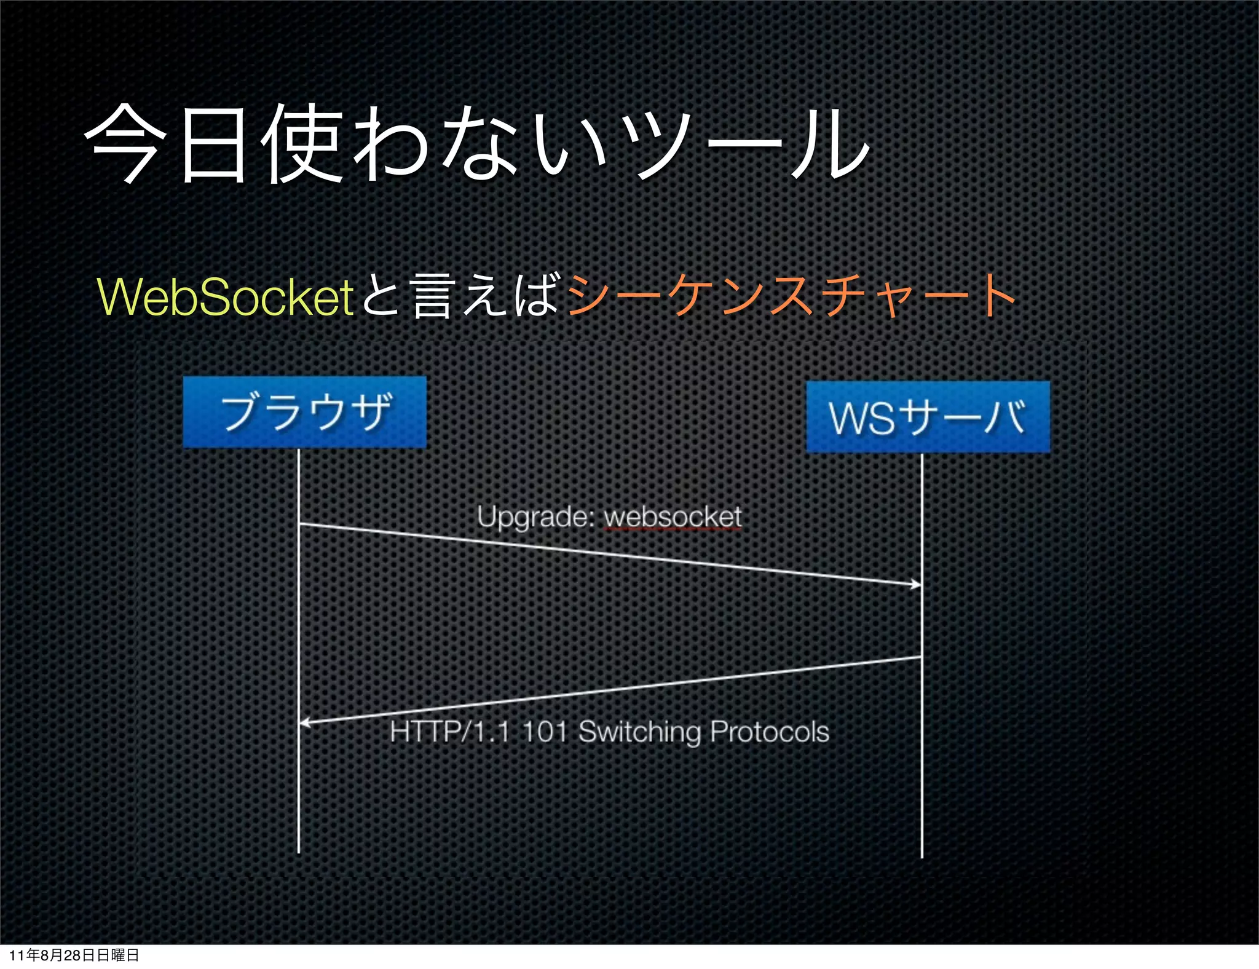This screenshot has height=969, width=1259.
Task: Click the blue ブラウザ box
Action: [x=304, y=412]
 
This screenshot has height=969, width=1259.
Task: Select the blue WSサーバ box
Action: [x=928, y=417]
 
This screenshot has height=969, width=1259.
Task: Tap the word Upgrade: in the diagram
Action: [x=534, y=516]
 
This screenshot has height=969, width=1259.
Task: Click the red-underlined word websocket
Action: [x=673, y=517]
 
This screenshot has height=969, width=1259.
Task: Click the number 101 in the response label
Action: [x=545, y=732]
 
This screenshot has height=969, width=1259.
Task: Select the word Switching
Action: [x=639, y=732]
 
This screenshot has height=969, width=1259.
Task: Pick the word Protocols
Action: [x=770, y=732]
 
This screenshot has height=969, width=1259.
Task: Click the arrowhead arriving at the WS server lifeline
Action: [x=916, y=584]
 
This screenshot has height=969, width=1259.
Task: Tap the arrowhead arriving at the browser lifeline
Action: [x=304, y=723]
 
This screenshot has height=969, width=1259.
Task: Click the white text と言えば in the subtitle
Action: [x=461, y=296]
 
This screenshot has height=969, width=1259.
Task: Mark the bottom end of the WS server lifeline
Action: [x=922, y=855]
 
